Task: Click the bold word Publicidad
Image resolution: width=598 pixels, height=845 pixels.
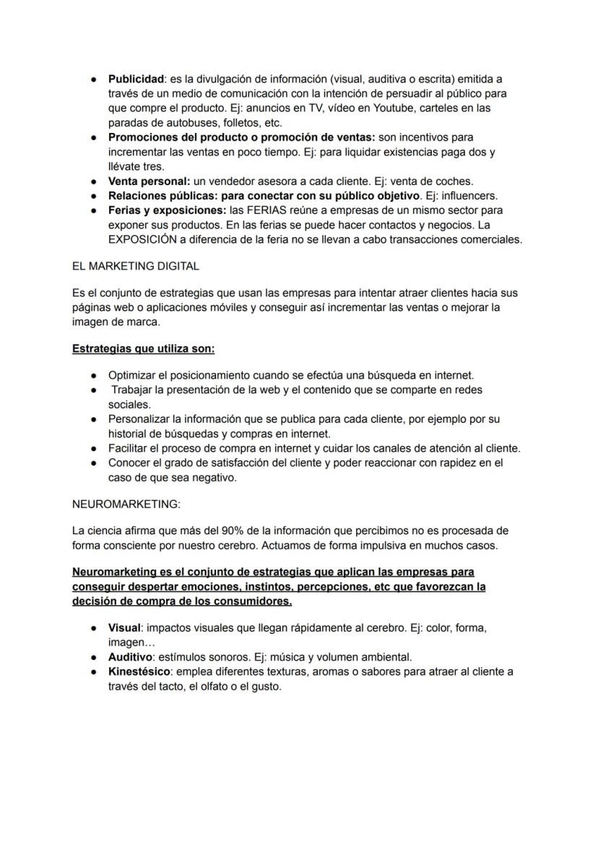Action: (136, 79)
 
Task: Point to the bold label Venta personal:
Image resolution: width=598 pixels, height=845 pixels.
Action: (149, 181)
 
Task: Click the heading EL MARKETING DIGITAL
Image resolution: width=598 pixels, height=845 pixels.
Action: (136, 266)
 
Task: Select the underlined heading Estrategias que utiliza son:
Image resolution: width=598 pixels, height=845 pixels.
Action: (144, 349)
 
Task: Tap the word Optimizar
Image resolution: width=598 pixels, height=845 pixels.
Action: (133, 375)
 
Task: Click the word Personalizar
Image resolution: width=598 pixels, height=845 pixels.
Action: (139, 419)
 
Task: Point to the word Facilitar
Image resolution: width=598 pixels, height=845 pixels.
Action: (130, 448)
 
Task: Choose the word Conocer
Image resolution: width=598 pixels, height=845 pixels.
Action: (129, 463)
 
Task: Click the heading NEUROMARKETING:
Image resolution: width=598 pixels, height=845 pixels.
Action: (126, 505)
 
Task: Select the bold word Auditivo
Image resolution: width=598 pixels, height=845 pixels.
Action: (130, 657)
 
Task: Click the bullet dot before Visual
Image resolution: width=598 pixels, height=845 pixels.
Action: (95, 628)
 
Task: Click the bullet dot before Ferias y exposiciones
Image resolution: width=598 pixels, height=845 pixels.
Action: (95, 210)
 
